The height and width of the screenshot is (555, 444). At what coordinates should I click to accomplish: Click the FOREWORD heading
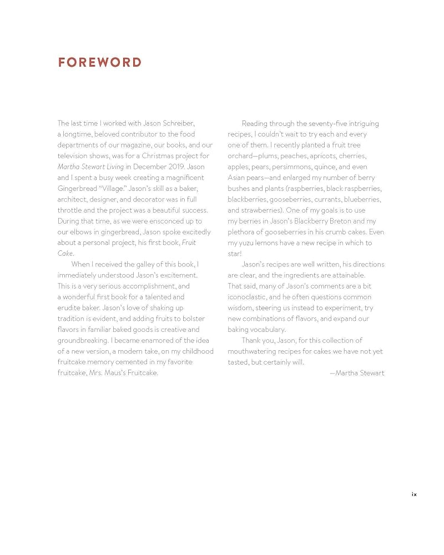[x=100, y=62]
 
